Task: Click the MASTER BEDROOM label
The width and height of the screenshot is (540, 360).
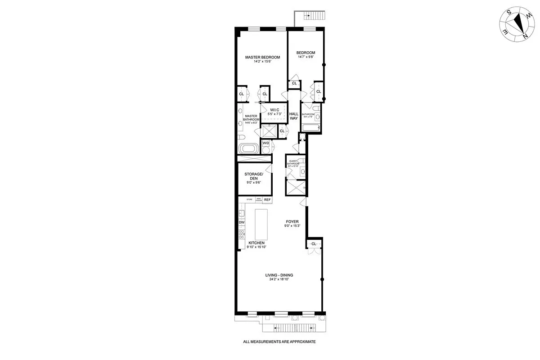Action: pos(262,57)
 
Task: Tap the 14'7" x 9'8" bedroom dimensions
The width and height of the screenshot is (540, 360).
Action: pos(306,57)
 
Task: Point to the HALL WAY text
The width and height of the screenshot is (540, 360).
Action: pos(293,116)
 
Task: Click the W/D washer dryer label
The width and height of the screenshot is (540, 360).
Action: pos(265,143)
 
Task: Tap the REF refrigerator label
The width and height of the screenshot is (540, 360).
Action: pos(267,199)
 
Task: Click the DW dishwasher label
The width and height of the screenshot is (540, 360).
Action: pos(242,222)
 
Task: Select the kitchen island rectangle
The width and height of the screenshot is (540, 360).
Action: pos(261,225)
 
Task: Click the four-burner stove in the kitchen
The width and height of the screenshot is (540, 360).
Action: pos(242,234)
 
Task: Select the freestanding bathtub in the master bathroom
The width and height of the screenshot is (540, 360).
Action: pos(247,148)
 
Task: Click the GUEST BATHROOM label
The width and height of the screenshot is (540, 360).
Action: pos(293,163)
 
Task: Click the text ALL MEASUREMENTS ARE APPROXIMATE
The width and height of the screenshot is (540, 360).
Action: pos(279,342)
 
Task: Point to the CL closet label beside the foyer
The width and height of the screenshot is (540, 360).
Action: pos(314,244)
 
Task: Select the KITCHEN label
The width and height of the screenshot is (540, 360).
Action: pos(256,243)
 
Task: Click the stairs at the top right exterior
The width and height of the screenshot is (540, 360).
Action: pos(314,17)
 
